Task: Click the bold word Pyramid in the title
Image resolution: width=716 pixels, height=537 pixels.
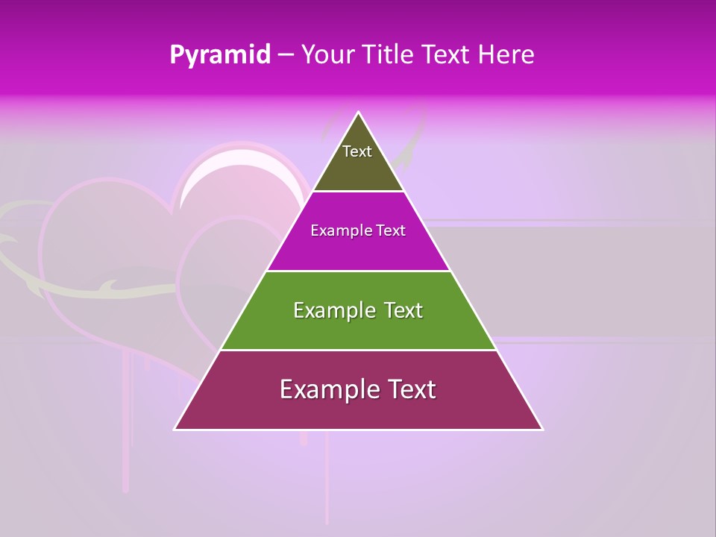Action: (220, 55)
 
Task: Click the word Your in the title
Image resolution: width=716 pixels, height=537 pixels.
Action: (329, 55)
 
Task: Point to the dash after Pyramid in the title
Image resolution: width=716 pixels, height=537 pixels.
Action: (286, 56)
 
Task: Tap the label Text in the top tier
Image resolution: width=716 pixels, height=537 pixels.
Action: (357, 151)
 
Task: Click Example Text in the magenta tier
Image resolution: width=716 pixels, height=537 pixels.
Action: (358, 230)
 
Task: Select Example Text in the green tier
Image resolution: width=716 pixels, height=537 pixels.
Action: (358, 310)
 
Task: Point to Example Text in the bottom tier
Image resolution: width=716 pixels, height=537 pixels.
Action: (358, 389)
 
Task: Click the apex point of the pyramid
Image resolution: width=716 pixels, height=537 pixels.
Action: (359, 113)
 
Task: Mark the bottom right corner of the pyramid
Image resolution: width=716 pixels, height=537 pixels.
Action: (542, 429)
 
